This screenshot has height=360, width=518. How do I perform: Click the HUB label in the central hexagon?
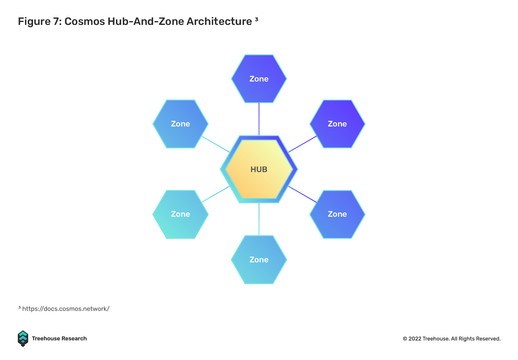click(x=259, y=169)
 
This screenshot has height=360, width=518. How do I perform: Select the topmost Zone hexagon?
click(x=259, y=79)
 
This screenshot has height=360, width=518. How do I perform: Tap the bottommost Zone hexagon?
click(x=259, y=260)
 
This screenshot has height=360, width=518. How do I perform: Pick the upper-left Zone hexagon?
click(x=180, y=124)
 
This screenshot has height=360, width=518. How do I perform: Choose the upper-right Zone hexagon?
click(x=337, y=124)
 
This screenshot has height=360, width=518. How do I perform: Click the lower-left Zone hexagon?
click(x=180, y=214)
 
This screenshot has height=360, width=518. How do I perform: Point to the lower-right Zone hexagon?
click(x=337, y=214)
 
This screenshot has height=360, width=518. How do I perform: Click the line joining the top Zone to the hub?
click(x=259, y=119)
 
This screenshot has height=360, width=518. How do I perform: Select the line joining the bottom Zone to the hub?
click(x=259, y=219)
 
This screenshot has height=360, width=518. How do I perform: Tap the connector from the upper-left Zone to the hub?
click(x=216, y=144)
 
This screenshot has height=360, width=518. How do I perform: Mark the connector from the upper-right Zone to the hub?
click(x=302, y=144)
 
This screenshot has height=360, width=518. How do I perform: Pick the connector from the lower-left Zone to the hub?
click(x=216, y=194)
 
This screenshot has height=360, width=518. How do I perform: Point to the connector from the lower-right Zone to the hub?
click(x=302, y=194)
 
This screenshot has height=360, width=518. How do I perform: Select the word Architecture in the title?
click(x=219, y=21)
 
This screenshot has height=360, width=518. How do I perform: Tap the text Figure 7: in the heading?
click(x=40, y=21)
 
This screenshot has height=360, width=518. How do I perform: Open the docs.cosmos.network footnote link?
click(x=66, y=309)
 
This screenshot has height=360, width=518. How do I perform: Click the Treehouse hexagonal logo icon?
click(x=23, y=339)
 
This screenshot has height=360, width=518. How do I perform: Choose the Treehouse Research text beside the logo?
click(x=59, y=339)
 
